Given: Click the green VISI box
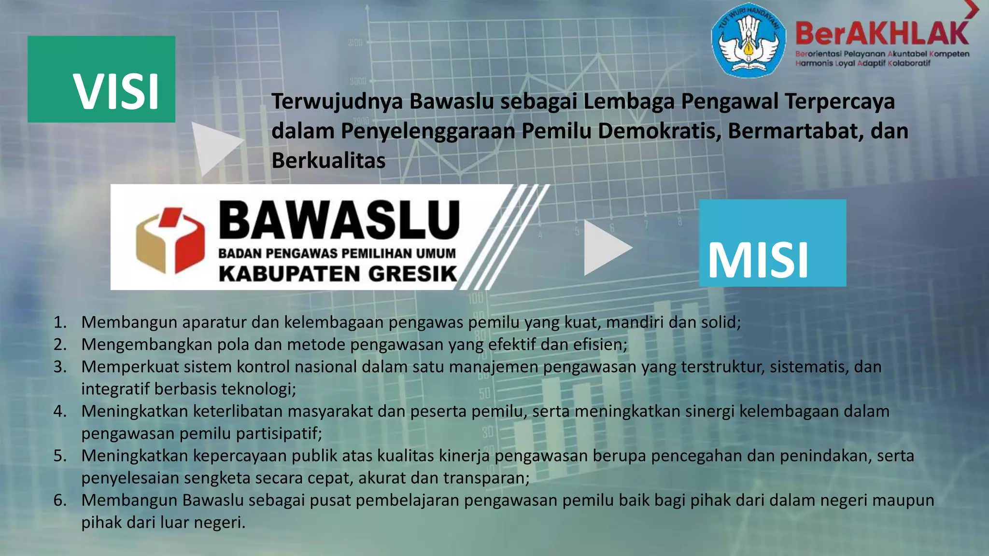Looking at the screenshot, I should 101,79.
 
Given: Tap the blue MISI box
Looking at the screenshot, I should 772,243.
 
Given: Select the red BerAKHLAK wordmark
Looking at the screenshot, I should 882,34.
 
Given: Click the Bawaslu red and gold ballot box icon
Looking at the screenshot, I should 170,240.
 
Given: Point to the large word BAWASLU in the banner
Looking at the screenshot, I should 339,220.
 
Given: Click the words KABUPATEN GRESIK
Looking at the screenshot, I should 338,274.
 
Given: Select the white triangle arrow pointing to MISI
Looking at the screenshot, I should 606,248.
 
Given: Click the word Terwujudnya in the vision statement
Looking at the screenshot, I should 337,102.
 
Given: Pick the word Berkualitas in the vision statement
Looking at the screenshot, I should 328,161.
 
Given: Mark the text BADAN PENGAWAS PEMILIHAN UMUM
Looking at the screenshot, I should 337,253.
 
